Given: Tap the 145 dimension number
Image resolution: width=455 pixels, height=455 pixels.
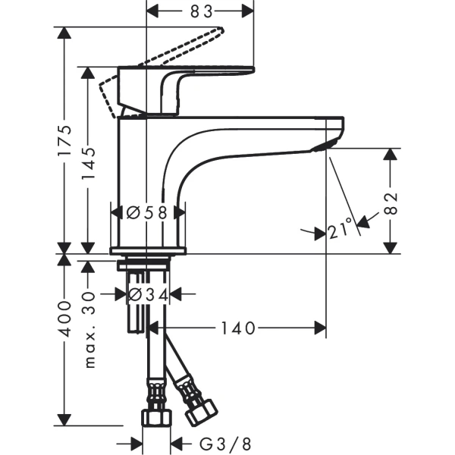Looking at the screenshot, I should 89,161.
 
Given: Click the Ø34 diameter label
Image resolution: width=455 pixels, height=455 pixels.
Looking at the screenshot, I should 147,293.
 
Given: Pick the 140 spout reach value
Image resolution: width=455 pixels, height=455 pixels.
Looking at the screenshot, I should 238,328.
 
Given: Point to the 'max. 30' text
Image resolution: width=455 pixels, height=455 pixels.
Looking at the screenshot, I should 89,331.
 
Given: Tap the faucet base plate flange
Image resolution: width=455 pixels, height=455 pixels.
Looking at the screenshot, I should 148,250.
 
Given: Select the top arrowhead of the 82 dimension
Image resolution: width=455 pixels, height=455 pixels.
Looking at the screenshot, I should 391,154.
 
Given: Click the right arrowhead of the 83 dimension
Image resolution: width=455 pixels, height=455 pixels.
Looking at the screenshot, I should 248,11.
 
